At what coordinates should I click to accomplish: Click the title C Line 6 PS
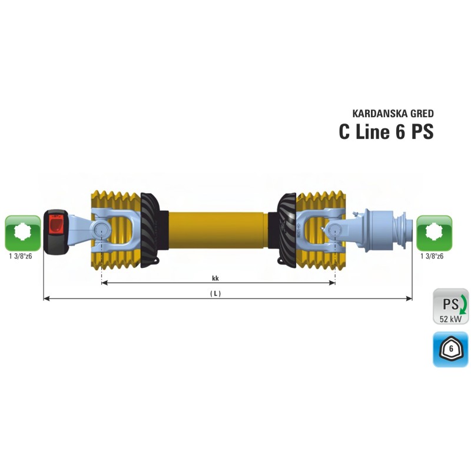[386, 131]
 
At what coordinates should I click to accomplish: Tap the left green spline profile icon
[22, 233]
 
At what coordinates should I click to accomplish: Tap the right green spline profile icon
[434, 233]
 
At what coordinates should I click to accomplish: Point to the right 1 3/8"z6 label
[432, 256]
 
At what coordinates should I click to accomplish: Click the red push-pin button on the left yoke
[57, 226]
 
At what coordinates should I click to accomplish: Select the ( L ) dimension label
[215, 293]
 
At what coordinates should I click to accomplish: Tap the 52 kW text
[450, 319]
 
